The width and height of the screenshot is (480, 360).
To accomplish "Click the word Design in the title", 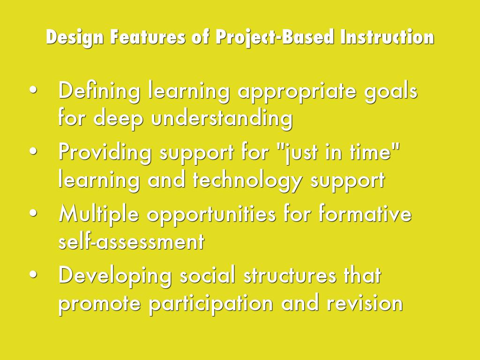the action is pyautogui.click(x=75, y=37).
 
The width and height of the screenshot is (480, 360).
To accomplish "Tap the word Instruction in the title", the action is pyautogui.click(x=387, y=37).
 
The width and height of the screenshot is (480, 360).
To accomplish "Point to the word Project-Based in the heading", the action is pyautogui.click(x=275, y=37).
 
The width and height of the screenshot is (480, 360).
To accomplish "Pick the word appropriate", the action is pyautogui.click(x=297, y=92).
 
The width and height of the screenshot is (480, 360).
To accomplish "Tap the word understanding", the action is pyautogui.click(x=222, y=119).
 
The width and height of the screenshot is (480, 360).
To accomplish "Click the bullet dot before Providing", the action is pyautogui.click(x=33, y=151).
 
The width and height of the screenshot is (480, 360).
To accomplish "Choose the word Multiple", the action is pyautogui.click(x=98, y=214).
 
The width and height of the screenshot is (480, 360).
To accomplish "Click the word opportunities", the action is pyautogui.click(x=211, y=215).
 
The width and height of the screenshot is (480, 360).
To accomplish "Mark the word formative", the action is pyautogui.click(x=365, y=213).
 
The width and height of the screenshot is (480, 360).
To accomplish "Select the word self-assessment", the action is pyautogui.click(x=131, y=241).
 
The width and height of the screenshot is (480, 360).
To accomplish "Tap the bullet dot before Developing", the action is pyautogui.click(x=33, y=274).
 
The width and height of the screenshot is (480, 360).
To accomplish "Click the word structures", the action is pyautogui.click(x=290, y=275).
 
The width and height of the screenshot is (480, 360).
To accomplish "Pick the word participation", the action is pyautogui.click(x=211, y=304).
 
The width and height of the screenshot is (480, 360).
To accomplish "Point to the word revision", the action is pyautogui.click(x=365, y=302).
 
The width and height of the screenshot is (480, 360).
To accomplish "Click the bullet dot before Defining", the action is pyautogui.click(x=33, y=90).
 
